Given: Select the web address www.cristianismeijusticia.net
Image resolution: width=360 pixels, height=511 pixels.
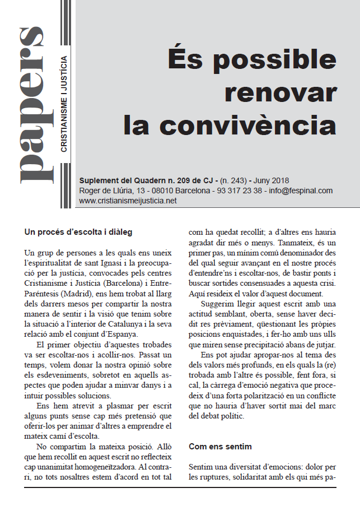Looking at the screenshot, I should coord(128,201).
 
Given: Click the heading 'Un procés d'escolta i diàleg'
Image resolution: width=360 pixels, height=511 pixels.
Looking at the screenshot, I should coord(78,231).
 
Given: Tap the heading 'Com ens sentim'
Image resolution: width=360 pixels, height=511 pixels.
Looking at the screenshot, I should coord(220,447).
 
